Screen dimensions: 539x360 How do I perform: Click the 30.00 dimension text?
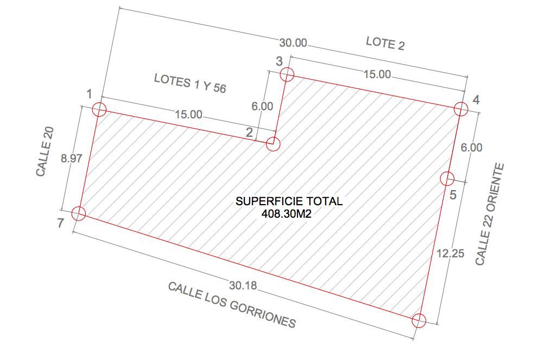(x=293, y=43)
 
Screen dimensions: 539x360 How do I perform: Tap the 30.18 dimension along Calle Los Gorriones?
(x=243, y=285)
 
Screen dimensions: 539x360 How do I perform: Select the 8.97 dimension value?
(x=72, y=159)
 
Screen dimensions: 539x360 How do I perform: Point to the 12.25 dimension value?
(x=451, y=254)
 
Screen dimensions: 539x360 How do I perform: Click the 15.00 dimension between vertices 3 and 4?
(x=377, y=74)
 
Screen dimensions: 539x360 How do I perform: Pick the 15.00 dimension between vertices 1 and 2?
(x=188, y=114)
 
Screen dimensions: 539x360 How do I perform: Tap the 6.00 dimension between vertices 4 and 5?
(x=471, y=148)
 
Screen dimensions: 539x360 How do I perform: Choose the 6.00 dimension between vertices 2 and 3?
(x=262, y=106)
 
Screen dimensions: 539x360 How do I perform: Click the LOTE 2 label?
(x=385, y=43)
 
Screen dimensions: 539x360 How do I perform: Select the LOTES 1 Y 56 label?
(x=190, y=83)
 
